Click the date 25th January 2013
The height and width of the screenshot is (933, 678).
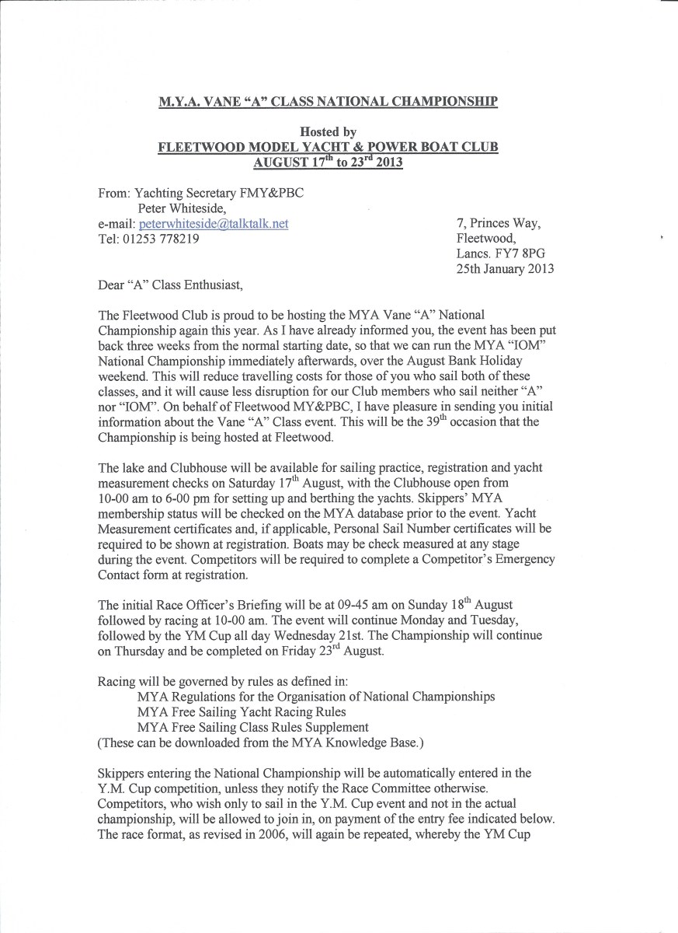pos(506,269)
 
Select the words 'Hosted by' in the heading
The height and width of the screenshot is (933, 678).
pos(328,133)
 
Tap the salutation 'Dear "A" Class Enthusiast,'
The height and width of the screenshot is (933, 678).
pos(170,285)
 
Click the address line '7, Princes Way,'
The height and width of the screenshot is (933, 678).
pos(499,224)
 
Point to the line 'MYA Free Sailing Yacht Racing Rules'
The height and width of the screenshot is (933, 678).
pos(242,711)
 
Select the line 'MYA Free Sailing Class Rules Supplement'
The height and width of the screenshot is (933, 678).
pos(252,727)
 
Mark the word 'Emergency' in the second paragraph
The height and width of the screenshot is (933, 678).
pos(516,560)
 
